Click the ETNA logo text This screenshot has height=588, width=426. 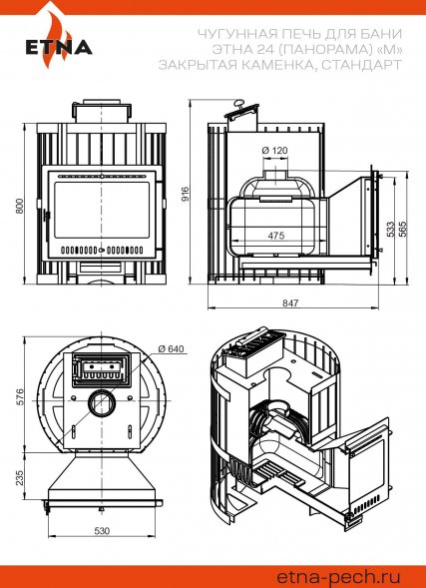[59, 47]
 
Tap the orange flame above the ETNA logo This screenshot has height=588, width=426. [56, 38]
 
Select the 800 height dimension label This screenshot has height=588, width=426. [20, 206]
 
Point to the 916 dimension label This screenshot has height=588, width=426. [184, 194]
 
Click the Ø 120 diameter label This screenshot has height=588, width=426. [274, 151]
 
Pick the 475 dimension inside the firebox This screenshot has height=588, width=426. [276, 236]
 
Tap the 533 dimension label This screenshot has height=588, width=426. [390, 229]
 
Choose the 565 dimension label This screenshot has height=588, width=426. [403, 229]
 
